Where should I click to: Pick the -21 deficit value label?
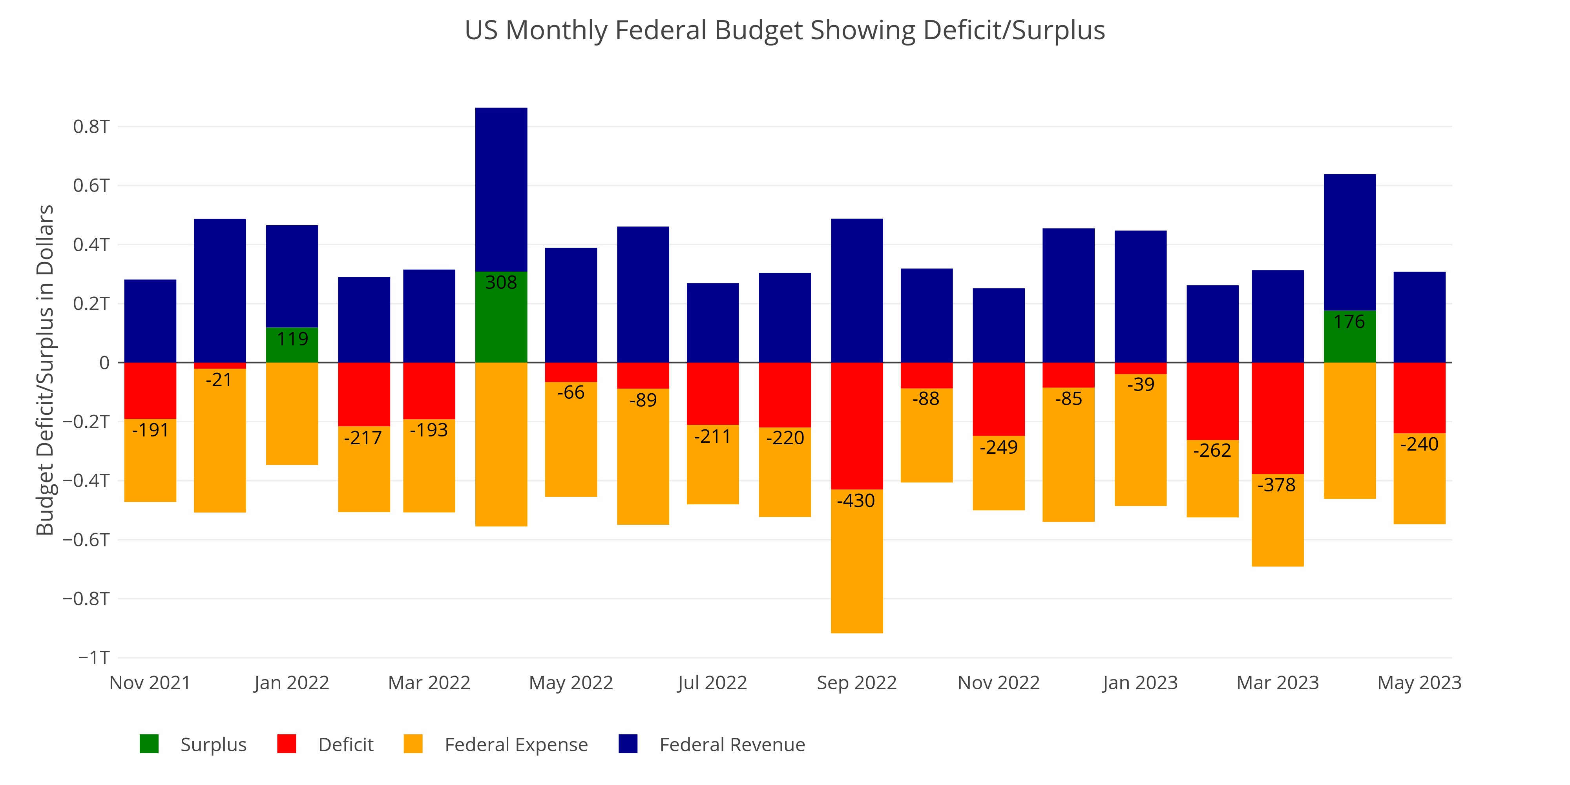point(219,380)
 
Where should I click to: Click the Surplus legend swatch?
point(149,744)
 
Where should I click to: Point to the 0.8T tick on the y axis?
point(91,127)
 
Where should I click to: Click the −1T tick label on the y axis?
point(94,657)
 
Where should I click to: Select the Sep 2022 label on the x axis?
point(856,683)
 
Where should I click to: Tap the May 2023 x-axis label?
point(1419,683)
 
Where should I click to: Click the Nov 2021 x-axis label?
point(150,683)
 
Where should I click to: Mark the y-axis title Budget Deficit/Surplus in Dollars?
point(45,370)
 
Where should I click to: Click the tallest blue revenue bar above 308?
point(501,189)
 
